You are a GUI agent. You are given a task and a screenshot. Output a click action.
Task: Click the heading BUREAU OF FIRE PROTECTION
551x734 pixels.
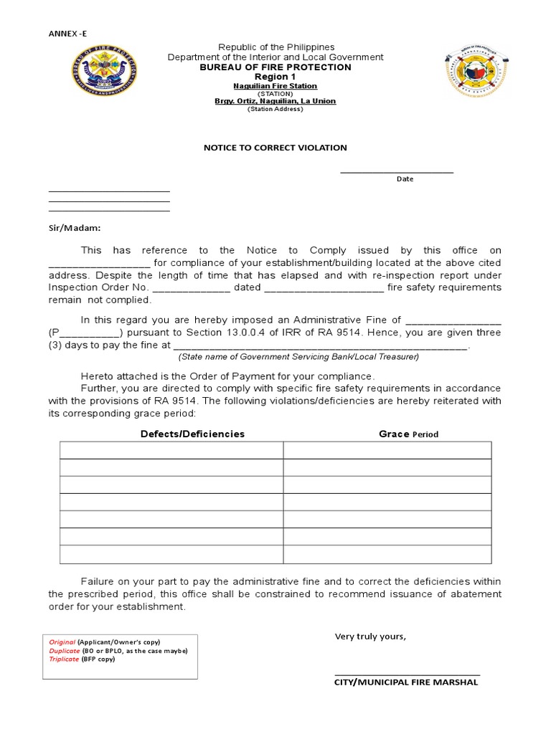[x=275, y=67]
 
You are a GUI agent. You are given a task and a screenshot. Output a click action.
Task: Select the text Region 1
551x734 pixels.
[x=275, y=77]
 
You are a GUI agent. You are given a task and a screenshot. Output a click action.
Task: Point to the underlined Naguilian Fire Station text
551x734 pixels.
[x=275, y=85]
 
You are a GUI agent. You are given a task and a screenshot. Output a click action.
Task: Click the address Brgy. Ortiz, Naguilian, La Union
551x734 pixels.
[x=275, y=101]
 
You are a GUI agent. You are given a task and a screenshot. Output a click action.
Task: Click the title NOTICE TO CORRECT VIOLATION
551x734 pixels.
[x=275, y=148]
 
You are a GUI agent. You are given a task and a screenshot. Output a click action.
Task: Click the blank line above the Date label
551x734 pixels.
[x=397, y=171]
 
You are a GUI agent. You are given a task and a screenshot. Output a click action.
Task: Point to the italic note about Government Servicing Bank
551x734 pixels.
[x=298, y=356]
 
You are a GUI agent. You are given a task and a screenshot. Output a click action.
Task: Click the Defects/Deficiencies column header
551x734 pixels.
[x=192, y=434]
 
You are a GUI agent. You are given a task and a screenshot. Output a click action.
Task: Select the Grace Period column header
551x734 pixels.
[x=408, y=434]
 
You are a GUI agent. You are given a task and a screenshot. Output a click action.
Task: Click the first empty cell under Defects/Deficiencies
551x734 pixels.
[x=171, y=449]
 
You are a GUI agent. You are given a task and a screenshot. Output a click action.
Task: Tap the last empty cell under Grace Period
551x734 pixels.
[x=387, y=554]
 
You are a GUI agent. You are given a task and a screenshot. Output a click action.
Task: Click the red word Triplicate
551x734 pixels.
[x=64, y=659]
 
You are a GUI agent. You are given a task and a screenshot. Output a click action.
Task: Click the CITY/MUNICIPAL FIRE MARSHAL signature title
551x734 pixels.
[x=406, y=682]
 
